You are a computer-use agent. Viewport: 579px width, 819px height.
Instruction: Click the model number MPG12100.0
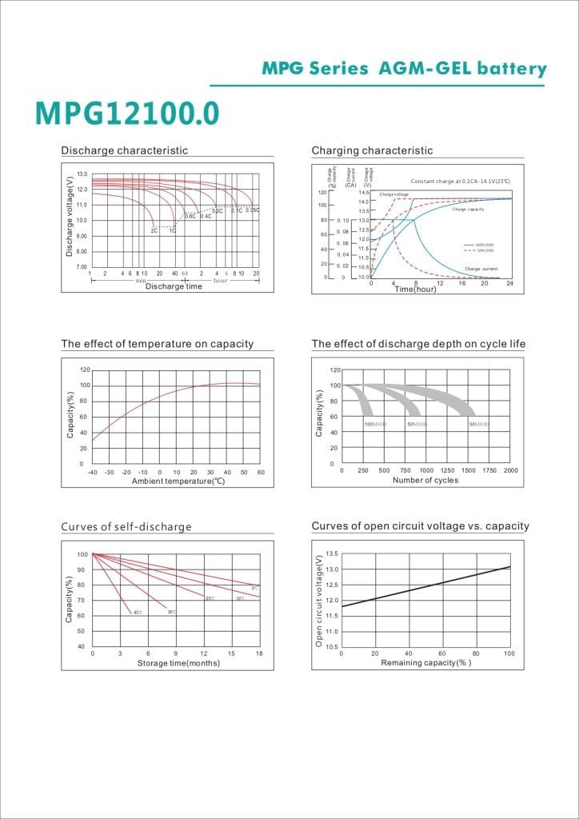126,114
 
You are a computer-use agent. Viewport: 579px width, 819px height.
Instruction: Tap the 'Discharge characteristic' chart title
125,150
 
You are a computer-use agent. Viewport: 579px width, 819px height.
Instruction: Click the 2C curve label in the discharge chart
154,230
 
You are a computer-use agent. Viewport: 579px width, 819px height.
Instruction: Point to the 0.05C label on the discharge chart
252,210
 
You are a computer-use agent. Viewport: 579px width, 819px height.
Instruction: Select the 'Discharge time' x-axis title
174,287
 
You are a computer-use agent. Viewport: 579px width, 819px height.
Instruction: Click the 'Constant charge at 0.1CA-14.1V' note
460,182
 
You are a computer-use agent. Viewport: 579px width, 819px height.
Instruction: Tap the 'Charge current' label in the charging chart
481,269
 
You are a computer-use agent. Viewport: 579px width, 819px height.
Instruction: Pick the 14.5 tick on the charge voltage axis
363,193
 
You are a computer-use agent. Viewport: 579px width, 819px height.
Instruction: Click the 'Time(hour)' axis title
416,289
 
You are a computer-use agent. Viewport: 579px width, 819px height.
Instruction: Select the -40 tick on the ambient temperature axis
93,473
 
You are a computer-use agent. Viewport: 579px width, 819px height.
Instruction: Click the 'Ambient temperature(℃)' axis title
178,481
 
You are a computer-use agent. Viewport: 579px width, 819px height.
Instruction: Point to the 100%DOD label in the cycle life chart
375,424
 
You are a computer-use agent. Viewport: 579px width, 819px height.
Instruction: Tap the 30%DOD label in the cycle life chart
478,424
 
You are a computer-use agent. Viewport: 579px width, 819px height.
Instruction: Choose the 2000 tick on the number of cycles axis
510,470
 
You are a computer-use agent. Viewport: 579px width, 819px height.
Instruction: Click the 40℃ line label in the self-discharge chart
138,613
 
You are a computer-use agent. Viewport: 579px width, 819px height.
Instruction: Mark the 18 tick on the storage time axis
259,654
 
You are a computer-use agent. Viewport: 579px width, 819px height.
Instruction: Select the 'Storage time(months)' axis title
178,664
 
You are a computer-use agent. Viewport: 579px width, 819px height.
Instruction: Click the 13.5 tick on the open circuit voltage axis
333,553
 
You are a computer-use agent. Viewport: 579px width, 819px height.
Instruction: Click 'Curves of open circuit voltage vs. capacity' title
420,526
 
